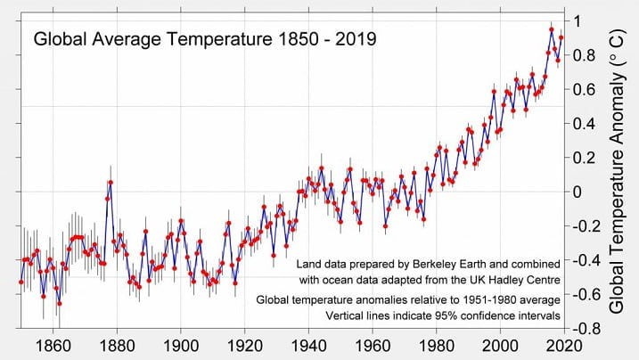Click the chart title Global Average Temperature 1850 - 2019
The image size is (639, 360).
204,39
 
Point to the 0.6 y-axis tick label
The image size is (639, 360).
584,89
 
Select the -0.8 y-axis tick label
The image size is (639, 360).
586,328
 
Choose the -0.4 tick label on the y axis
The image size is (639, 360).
586,260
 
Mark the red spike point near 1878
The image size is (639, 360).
111,182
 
